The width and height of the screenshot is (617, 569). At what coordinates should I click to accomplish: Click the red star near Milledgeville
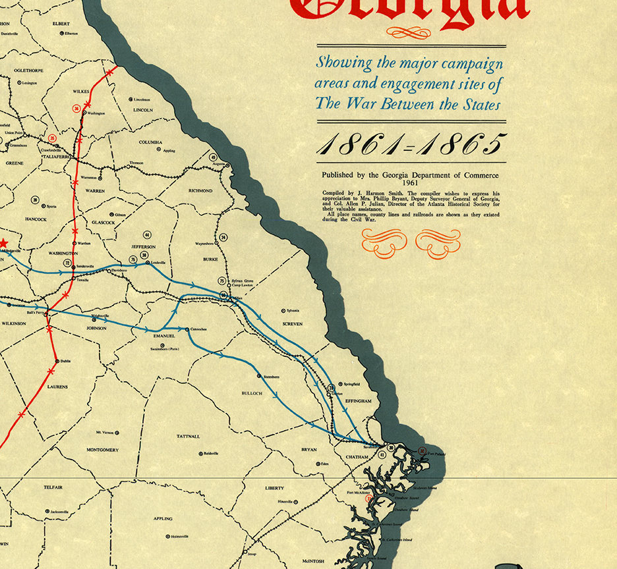(x=3, y=243)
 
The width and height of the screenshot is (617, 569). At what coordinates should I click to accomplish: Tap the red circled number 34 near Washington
(x=78, y=108)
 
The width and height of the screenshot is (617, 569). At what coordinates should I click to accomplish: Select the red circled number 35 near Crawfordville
(x=52, y=138)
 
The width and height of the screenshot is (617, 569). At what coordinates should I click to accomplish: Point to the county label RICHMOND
(x=200, y=191)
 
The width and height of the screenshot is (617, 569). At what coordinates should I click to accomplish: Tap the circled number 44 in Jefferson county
(x=148, y=235)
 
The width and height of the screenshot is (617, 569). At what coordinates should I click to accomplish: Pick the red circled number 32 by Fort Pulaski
(x=423, y=451)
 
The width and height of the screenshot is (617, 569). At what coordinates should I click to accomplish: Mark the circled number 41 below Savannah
(x=382, y=454)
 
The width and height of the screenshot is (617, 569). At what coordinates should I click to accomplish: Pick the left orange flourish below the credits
(x=384, y=242)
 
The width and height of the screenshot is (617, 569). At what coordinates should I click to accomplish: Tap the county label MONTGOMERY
(x=102, y=450)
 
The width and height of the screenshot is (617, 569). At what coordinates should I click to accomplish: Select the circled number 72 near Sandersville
(x=67, y=263)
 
